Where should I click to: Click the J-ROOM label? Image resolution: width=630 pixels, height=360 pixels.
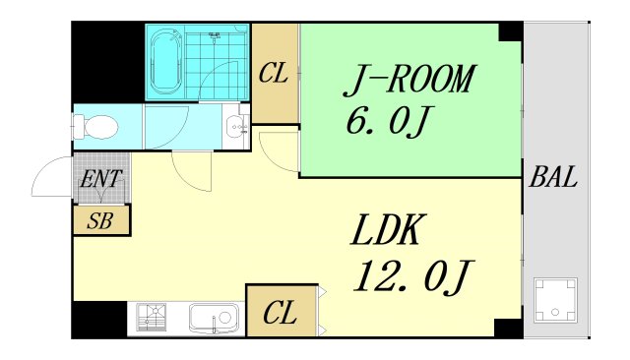[x=409, y=79]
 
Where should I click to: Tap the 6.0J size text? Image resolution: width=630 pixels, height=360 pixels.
[x=387, y=122]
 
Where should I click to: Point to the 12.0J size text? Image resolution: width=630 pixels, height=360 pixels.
[x=413, y=276]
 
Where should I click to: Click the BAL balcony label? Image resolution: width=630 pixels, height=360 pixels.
[x=553, y=177]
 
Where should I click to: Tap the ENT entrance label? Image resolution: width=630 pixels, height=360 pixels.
[x=100, y=179]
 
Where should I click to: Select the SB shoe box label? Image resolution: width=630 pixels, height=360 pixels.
[x=100, y=220]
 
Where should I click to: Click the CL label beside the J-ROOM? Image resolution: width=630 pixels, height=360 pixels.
[x=274, y=74]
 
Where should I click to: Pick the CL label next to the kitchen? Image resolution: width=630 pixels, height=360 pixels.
[x=280, y=313]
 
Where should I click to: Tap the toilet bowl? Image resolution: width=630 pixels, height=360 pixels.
[x=95, y=127]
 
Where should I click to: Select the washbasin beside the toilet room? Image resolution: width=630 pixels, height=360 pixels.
[x=236, y=127]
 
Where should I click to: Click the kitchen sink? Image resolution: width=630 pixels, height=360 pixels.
[x=214, y=318]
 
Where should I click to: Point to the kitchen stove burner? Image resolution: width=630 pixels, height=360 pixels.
[x=151, y=317]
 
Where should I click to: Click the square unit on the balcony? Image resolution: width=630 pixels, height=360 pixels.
[x=555, y=300]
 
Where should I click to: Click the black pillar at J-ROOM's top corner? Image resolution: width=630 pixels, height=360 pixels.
[x=510, y=31]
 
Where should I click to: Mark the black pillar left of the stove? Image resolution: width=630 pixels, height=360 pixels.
[x=99, y=320]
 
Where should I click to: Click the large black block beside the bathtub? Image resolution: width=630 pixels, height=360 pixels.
[x=108, y=62]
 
